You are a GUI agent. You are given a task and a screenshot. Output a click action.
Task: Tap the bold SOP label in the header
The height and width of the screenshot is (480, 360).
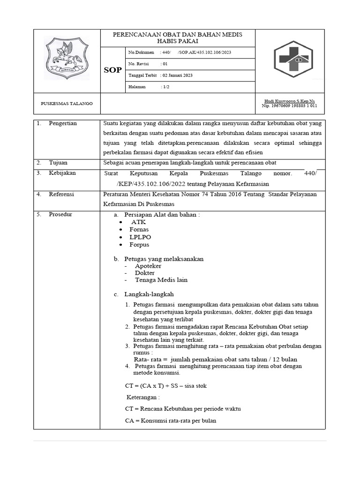112,70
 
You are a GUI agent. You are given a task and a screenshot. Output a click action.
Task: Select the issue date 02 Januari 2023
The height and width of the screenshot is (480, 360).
177,75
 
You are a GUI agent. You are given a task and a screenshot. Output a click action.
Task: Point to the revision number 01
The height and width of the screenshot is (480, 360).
164,64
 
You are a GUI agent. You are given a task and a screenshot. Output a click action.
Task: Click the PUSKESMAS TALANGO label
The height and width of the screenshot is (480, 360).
67,103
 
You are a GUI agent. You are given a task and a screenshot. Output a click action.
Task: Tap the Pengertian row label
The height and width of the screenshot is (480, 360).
63,123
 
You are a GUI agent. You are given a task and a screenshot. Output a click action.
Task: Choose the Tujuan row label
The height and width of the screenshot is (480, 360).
58,163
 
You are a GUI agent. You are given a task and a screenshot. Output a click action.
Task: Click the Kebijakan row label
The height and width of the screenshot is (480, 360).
62,173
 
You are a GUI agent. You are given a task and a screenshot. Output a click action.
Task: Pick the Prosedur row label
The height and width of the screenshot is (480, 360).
60,214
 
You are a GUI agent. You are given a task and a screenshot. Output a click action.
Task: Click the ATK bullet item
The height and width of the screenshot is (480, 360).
139,222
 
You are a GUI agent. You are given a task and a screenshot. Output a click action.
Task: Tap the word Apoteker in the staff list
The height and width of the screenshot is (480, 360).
148,266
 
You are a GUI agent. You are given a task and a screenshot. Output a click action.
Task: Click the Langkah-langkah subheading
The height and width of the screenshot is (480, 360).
149,294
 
